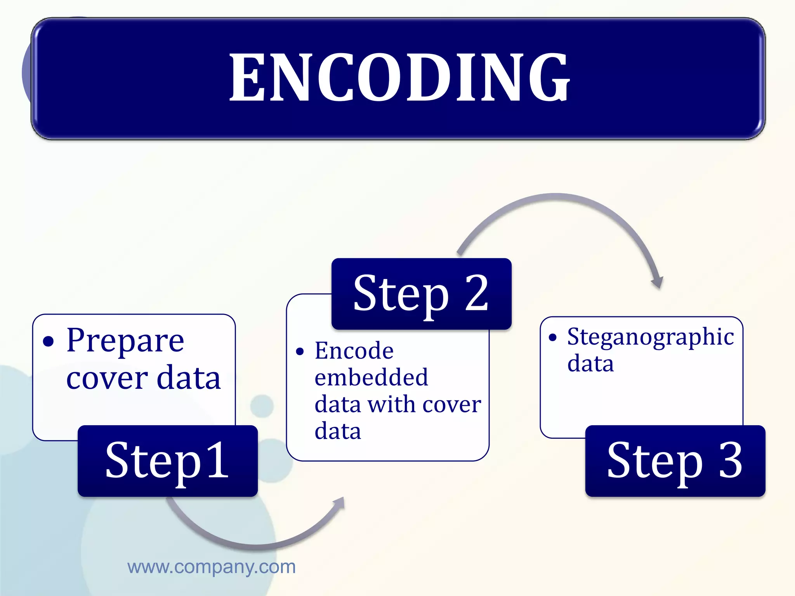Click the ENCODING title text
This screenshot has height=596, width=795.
coord(399,78)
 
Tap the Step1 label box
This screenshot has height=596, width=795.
coord(167,461)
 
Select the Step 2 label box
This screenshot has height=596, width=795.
coord(421,294)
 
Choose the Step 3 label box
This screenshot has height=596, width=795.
coord(675,461)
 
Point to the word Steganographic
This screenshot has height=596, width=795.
coord(650,337)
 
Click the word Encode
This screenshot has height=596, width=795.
coord(354,351)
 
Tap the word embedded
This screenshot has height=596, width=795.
coord(371,377)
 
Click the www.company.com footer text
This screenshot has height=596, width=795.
coord(212,567)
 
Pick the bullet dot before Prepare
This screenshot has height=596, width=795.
coord(48,342)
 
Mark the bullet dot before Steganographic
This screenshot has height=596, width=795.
coord(552,337)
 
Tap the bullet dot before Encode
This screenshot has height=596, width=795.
coord(300,352)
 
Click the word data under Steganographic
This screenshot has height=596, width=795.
coord(590,364)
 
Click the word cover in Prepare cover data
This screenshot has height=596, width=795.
coord(107,378)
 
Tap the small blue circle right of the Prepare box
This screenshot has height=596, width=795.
coord(262,406)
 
